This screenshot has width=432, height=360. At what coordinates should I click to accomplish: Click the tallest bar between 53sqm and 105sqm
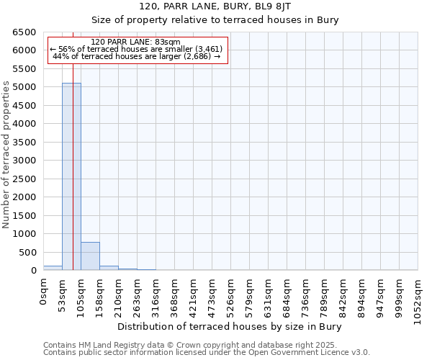pos(71,176)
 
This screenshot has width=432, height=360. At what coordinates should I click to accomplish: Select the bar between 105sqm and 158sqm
pos(90,256)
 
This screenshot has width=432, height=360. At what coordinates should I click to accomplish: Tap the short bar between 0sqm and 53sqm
pos(53,268)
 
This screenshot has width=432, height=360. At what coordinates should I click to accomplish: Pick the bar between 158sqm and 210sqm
pos(109,268)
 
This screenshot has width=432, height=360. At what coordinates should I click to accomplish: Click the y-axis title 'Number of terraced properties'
pos(6,155)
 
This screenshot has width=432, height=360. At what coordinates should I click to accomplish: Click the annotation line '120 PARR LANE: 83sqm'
pos(136,42)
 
